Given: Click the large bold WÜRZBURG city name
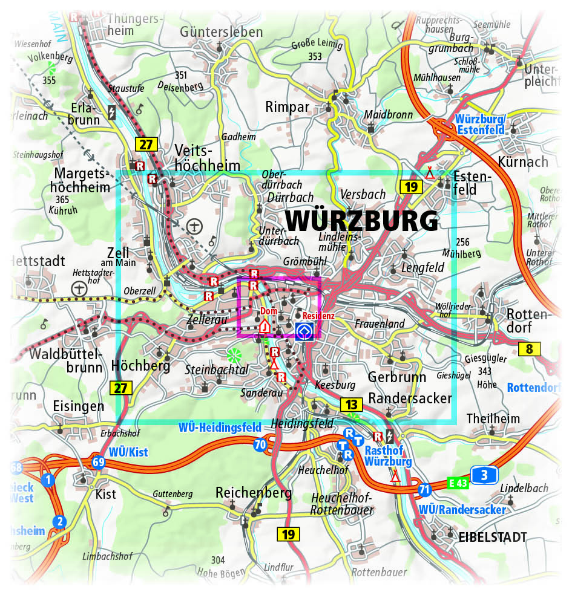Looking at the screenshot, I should [361, 221].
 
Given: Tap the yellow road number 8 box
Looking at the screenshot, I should [529, 348].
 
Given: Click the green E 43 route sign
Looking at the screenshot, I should [458, 483].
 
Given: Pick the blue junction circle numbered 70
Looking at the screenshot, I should [260, 446].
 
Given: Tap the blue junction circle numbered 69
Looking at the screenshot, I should [97, 463].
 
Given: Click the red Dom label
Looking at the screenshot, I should [269, 311].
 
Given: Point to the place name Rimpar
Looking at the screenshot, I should [287, 107].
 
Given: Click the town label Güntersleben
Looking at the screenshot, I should [221, 32].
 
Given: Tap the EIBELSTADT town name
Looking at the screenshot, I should [493, 537].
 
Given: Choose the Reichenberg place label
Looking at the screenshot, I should [254, 493].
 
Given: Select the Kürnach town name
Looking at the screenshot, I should [523, 161].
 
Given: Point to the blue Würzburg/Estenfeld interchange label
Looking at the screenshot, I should [482, 125].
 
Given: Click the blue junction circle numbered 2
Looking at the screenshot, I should [59, 521].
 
